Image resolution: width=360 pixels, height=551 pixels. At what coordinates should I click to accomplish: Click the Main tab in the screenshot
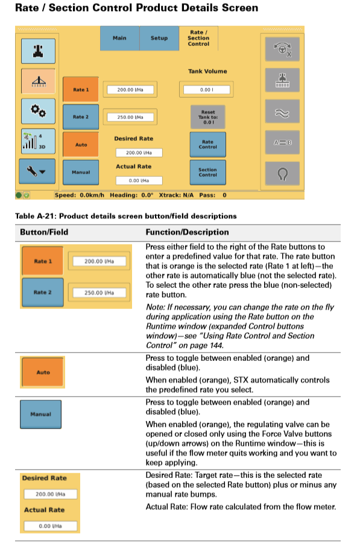coord(119,38)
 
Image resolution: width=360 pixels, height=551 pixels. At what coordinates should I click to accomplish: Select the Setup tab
coord(159,38)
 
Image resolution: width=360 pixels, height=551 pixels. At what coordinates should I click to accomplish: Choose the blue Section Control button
coord(207,172)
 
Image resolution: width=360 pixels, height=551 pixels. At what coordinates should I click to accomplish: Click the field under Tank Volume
coord(207,90)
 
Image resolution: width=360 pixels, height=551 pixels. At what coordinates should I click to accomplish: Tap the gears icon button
coord(39,112)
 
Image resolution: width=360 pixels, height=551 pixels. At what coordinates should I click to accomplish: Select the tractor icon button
coord(39,50)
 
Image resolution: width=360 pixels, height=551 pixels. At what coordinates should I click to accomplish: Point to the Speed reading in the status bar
coord(77,196)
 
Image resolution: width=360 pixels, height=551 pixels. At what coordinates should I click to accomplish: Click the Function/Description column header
coord(187,232)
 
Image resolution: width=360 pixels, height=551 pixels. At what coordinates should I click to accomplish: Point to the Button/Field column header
coord(44,232)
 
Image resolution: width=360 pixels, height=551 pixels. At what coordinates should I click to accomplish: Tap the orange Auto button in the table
coord(43,372)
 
